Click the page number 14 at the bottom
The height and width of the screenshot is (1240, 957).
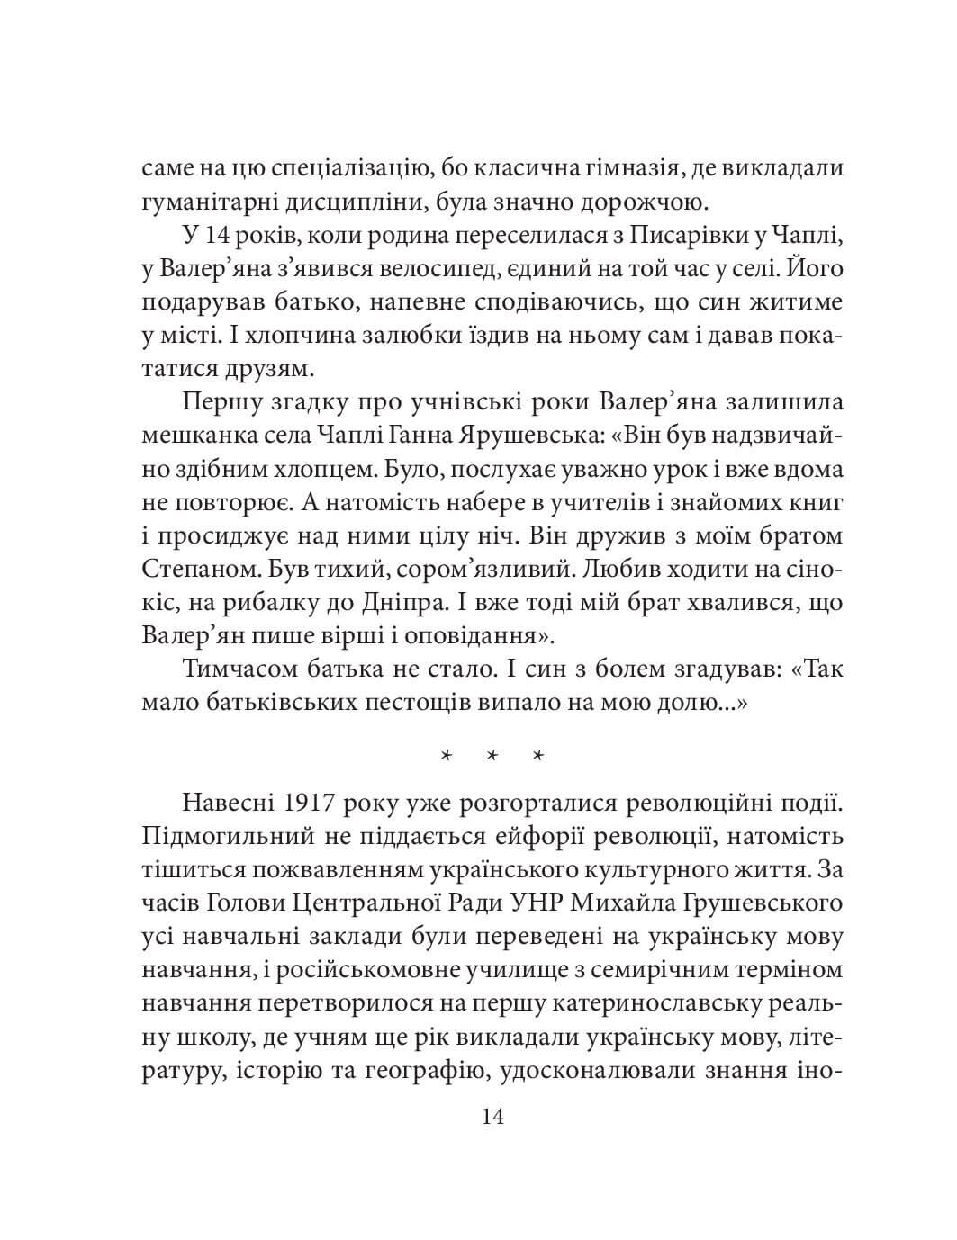492,1117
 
